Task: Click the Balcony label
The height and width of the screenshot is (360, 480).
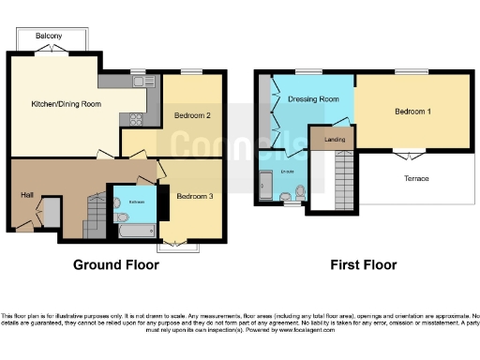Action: [49, 36]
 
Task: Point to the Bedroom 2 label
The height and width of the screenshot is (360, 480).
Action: [191, 116]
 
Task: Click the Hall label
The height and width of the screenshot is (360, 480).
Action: [27, 195]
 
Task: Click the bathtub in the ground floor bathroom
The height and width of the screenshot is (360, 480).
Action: [137, 228]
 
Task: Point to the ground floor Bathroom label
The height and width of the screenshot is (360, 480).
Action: [137, 202]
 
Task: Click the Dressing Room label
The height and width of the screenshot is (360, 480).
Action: [313, 98]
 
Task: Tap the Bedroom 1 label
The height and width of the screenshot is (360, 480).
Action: [412, 112]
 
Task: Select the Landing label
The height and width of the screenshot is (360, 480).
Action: [334, 140]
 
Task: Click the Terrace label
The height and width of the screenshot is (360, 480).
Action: [415, 178]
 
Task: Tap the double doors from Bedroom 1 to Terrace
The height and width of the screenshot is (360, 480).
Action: [407, 151]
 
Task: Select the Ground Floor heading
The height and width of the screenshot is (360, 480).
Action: [116, 265]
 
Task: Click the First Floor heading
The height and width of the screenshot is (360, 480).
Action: [362, 265]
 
